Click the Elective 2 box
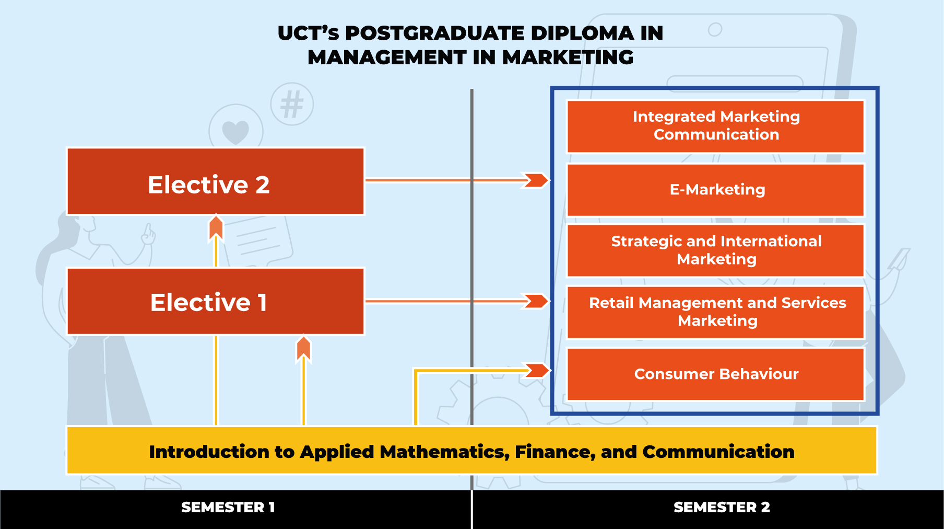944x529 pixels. (x=215, y=181)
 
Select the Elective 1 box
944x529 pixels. (x=215, y=302)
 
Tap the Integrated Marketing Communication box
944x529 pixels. (x=715, y=126)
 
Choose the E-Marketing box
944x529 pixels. (x=715, y=190)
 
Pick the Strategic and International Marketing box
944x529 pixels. (x=715, y=250)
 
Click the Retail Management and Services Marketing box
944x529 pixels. (x=715, y=312)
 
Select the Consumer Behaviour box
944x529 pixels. (x=715, y=374)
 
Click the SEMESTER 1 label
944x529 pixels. (x=228, y=507)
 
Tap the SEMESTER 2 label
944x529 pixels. (x=721, y=507)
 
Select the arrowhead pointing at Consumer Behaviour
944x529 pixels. (x=537, y=370)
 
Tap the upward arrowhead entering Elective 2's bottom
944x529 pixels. (x=216, y=228)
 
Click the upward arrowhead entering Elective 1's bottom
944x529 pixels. (x=304, y=349)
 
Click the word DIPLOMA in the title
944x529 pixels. (x=582, y=33)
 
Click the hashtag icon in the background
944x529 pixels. (x=292, y=104)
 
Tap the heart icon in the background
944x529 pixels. (x=235, y=131)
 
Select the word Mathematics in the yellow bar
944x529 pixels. (x=444, y=452)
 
